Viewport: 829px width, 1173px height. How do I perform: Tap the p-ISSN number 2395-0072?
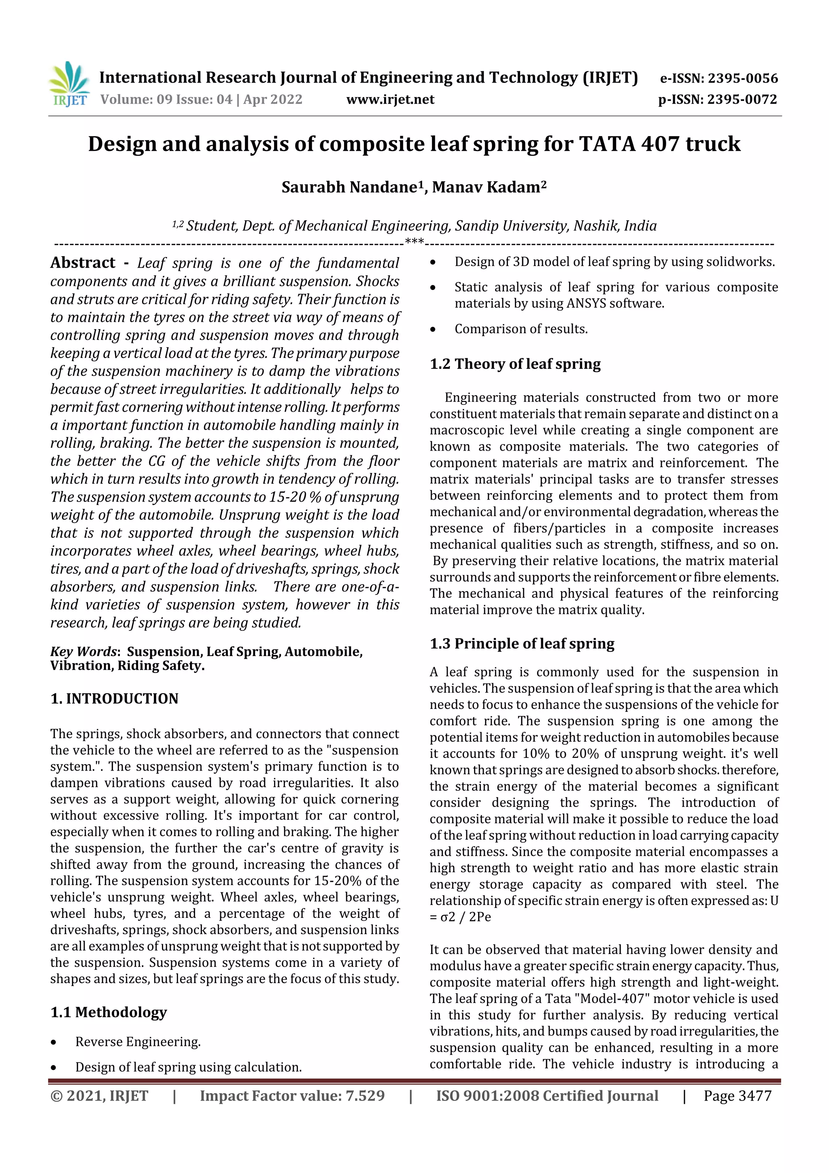(x=742, y=100)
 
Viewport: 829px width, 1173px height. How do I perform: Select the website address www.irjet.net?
(x=390, y=100)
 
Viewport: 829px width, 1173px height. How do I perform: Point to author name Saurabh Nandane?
(x=349, y=187)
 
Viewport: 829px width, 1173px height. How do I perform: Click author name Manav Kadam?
(x=486, y=187)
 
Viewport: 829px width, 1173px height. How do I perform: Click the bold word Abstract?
(x=83, y=263)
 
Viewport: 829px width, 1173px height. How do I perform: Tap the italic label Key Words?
(x=84, y=651)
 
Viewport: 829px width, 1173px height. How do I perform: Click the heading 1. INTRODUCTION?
(x=115, y=698)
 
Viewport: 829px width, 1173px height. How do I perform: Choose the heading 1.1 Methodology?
(x=109, y=1012)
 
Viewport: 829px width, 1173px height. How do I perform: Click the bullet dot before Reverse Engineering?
(x=53, y=1042)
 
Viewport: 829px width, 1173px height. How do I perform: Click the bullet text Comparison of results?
(x=521, y=329)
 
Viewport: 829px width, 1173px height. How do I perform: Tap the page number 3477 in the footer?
(x=753, y=1096)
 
